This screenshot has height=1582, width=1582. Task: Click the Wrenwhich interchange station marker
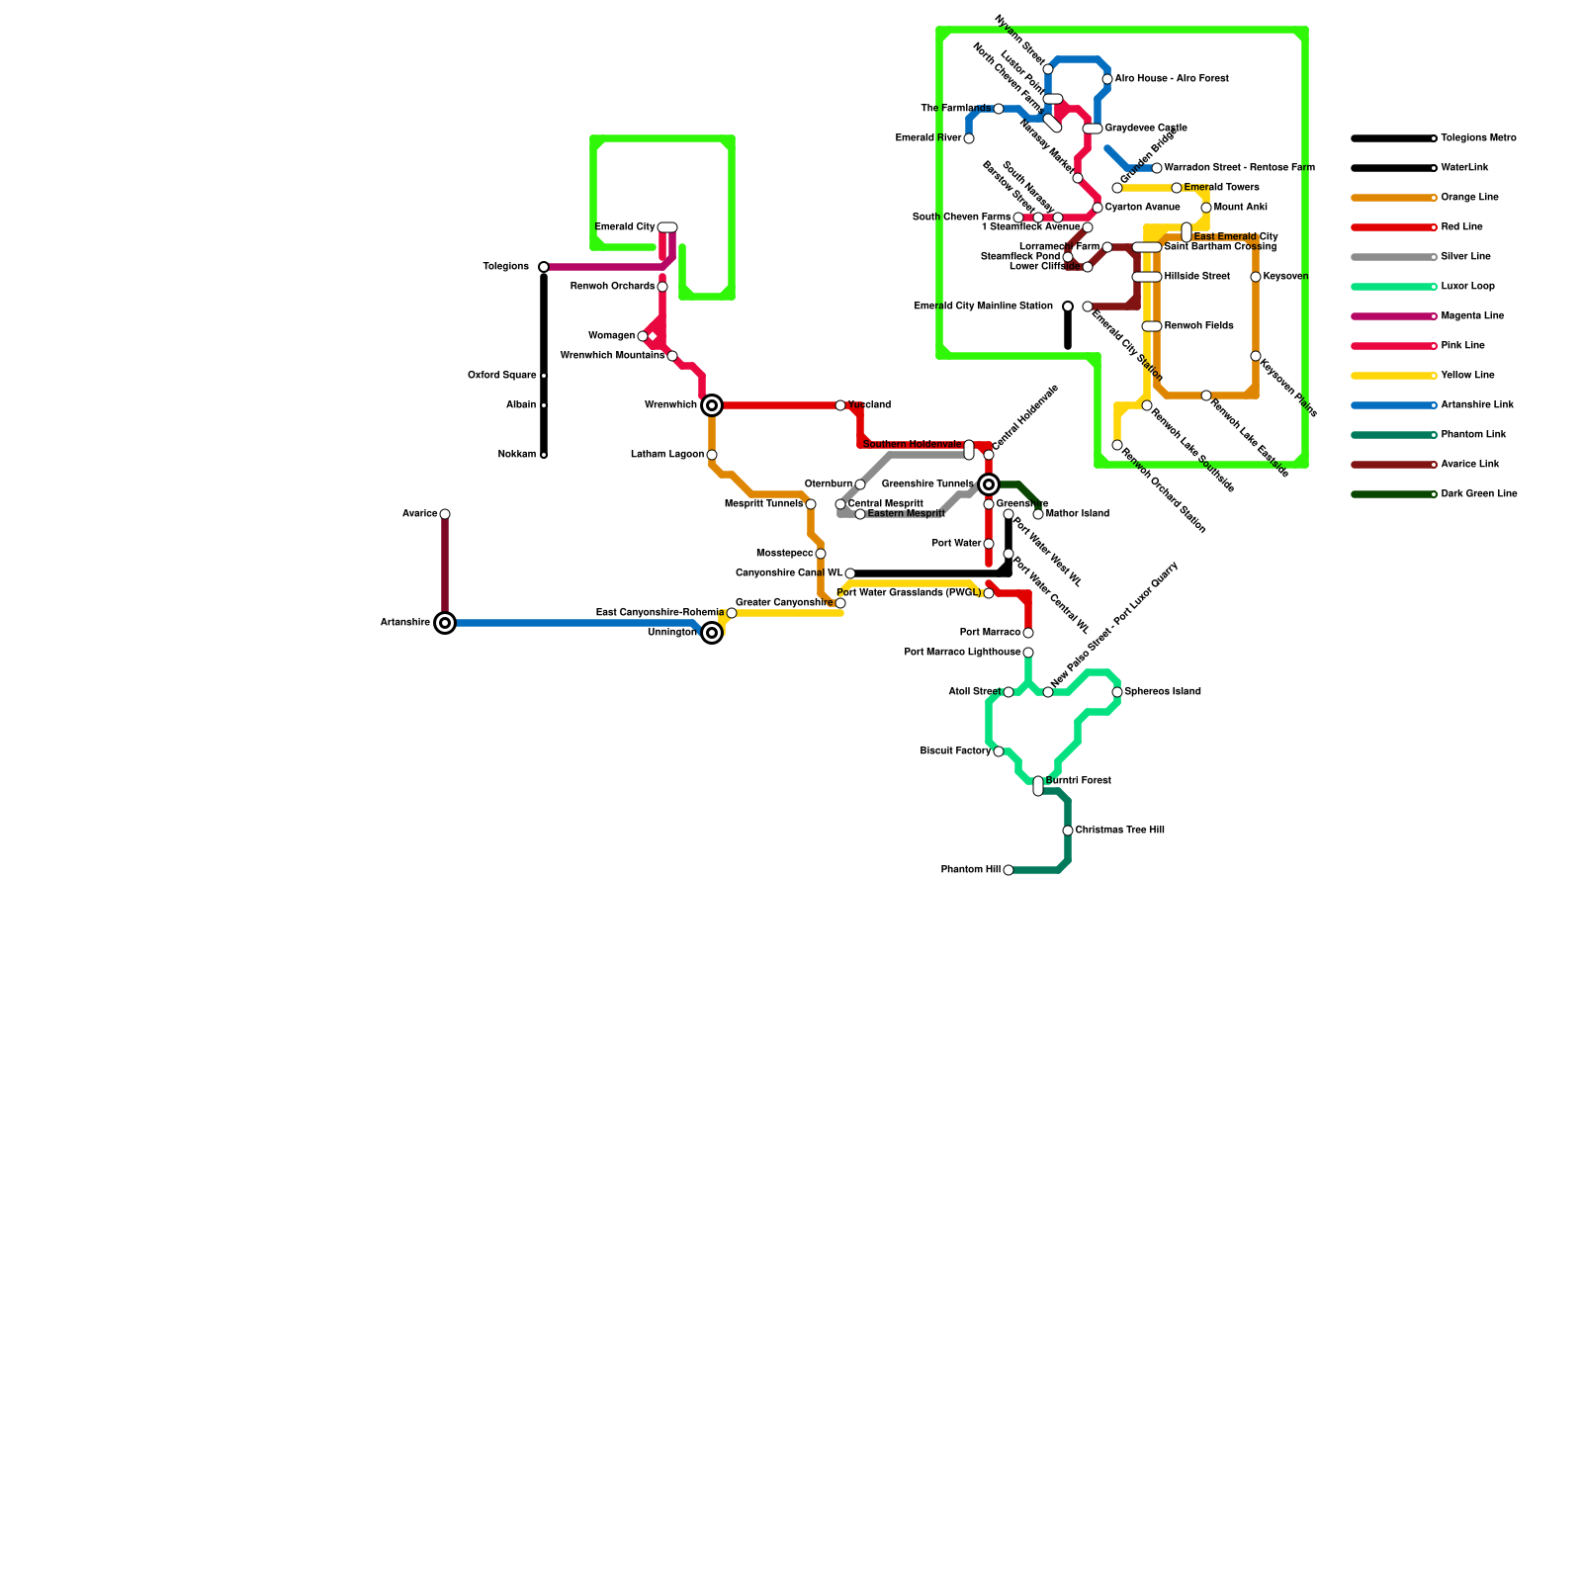(712, 405)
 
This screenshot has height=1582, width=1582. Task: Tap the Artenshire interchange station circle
(445, 623)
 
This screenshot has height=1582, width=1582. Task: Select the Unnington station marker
(712, 633)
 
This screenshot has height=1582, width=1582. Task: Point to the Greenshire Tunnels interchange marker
(989, 484)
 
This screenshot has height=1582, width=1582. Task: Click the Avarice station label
(419, 514)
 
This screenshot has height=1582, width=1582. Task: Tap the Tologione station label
(505, 267)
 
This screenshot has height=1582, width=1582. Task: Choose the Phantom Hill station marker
(1009, 870)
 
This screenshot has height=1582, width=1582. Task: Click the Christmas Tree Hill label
(1119, 831)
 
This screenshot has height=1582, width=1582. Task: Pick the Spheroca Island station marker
(1117, 692)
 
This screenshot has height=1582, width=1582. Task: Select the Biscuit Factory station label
(955, 751)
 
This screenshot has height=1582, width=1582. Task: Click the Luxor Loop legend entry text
(1467, 287)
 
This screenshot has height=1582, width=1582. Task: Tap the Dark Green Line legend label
(1478, 494)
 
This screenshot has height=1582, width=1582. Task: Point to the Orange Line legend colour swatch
(1392, 198)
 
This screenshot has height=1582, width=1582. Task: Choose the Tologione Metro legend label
(1478, 138)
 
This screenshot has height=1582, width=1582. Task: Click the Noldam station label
(516, 455)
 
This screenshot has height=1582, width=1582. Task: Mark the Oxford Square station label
(501, 376)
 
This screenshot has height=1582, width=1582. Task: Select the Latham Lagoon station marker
(712, 455)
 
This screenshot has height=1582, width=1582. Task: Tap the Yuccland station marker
(840, 405)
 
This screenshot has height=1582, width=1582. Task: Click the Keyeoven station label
(1285, 277)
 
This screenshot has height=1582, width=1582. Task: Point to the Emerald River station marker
(969, 138)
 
